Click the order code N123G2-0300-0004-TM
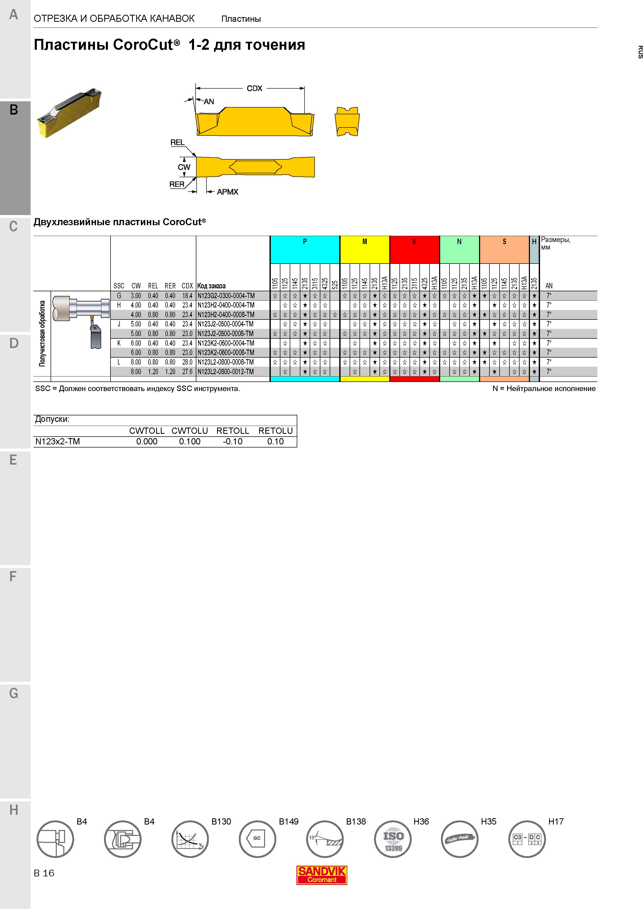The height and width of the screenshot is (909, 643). coord(226,296)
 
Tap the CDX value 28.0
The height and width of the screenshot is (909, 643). coord(187,362)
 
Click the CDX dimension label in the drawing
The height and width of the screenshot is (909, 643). coord(254,88)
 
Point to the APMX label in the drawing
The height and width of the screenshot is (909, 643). coord(227,192)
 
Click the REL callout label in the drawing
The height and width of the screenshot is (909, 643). coord(177,143)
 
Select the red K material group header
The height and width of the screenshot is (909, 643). coord(414,250)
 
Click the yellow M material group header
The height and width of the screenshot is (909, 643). coord(364,250)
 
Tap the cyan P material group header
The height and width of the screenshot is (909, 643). coord(305,250)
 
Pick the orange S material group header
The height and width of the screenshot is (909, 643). coord(504,250)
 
